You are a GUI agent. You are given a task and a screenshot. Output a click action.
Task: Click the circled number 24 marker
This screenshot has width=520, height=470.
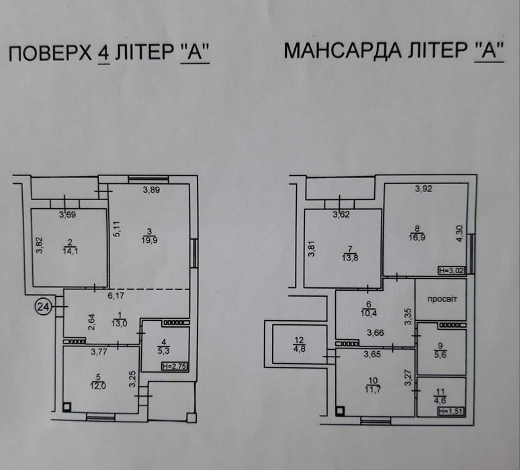coord(44,308)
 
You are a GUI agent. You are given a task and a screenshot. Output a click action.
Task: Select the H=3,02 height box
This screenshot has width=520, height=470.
coord(451,271)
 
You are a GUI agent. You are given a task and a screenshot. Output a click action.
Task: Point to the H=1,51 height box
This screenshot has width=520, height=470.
coord(451,412)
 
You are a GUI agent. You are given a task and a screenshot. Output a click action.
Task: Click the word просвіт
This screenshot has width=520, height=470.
coord(442,299)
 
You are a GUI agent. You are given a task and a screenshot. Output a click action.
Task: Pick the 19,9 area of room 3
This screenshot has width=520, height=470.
coord(149,240)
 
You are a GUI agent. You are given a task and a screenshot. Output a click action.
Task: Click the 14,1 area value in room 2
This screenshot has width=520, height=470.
coord(71,251)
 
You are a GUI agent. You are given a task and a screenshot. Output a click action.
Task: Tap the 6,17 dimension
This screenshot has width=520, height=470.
coord(116,295)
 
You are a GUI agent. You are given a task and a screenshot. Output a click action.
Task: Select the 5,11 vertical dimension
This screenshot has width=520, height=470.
coord(117,229)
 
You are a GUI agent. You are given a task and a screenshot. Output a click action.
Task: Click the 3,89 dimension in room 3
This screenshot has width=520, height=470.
coord(152,190)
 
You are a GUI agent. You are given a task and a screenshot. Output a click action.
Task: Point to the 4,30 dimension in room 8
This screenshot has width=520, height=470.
coord(460,234)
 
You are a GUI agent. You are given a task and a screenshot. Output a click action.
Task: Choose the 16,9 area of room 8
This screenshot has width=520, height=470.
coord(417,237)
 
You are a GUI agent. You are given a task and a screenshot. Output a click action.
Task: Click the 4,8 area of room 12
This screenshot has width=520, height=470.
coord(299,348)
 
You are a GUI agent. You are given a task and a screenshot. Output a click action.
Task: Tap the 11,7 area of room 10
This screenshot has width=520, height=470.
coord(373,389)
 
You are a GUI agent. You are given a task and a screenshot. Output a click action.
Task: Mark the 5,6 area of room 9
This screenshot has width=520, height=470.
coord(440,355)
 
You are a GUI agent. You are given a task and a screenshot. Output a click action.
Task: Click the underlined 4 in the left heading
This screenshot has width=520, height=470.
coord(104,53)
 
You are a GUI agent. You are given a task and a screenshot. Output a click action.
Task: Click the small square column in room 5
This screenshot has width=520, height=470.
coord(67,407)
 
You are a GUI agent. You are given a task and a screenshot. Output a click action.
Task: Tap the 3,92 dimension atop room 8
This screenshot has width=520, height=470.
coord(424,189)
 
